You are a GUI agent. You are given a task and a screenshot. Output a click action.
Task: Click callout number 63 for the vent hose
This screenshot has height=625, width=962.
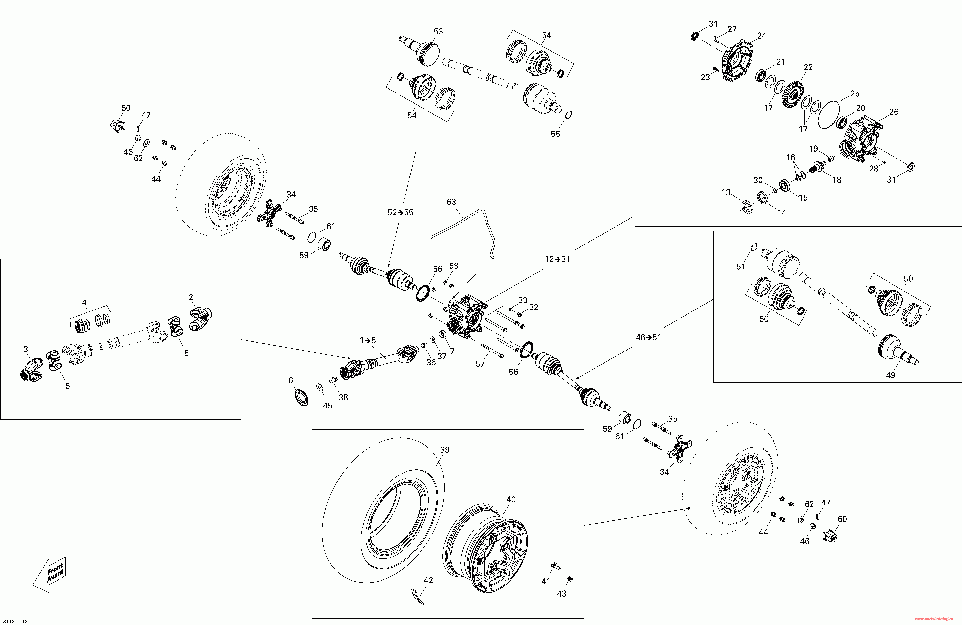click(451, 202)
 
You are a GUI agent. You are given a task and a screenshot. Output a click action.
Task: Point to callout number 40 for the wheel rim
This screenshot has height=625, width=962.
click(511, 499)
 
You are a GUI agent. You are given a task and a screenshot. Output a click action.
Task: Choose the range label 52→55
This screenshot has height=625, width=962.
click(401, 212)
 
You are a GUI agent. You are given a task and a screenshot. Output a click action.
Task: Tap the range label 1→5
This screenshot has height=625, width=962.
click(368, 340)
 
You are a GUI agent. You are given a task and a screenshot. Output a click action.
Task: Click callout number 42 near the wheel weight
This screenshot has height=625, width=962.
click(428, 580)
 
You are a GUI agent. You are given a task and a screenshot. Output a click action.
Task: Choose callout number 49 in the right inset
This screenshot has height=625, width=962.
click(890, 375)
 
